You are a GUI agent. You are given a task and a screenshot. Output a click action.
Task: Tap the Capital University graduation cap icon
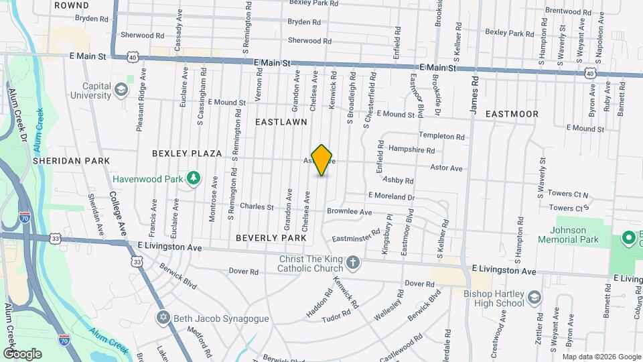pyautogui.click(x=121, y=90)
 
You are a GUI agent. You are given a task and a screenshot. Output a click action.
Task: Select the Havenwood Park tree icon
pyautogui.click(x=194, y=178)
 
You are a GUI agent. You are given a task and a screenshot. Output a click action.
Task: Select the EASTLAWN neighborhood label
pyautogui.click(x=281, y=122)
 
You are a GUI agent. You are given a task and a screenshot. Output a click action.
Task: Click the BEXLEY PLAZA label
pyautogui.click(x=187, y=153)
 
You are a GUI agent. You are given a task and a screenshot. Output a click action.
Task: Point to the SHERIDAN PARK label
pyautogui.click(x=72, y=161)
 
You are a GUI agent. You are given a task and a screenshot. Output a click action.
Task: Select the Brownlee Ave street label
pyautogui.click(x=349, y=212)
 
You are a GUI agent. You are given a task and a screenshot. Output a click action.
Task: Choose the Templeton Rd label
pyautogui.click(x=442, y=137)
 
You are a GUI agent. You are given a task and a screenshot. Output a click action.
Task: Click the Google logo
pyautogui.click(x=23, y=353)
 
